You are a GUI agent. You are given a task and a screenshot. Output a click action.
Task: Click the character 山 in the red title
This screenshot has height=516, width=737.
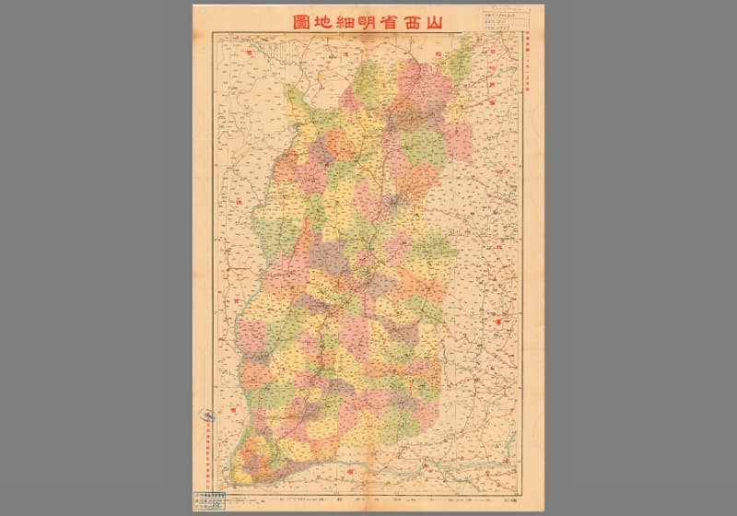tap(445, 19)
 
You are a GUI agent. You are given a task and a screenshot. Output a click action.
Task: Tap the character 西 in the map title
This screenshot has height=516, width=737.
tap(415, 19)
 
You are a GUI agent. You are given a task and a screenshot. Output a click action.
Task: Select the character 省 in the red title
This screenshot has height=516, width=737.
tap(384, 19)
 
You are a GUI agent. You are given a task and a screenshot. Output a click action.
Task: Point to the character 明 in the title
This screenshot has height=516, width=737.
tap(355, 19)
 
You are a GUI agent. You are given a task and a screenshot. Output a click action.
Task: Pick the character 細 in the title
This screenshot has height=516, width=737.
tap(325, 19)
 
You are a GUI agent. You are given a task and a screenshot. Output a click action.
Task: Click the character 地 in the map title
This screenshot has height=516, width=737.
tap(297, 19)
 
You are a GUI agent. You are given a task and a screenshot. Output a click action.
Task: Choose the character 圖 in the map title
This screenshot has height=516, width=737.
tap(267, 19)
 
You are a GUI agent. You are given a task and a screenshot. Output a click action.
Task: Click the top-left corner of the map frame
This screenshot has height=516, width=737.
tap(214, 32)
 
